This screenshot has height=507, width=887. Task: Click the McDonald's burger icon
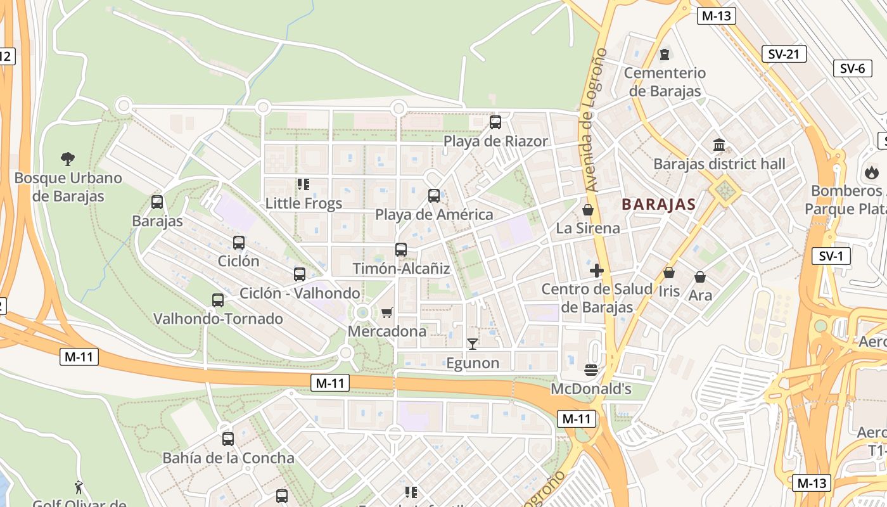coord(591,369)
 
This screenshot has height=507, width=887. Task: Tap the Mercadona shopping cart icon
coord(387,312)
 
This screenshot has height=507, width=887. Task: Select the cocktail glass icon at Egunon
coord(472,344)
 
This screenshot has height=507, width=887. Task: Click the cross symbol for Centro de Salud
coord(596,271)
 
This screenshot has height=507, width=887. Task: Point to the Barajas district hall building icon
coord(719,145)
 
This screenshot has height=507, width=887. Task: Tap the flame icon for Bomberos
coord(872,171)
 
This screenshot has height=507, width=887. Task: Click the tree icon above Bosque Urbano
coord(68,158)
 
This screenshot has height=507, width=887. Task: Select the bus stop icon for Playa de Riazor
coord(495,122)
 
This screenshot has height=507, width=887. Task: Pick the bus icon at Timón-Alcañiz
coord(401,250)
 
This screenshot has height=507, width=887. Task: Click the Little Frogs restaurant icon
coord(303,184)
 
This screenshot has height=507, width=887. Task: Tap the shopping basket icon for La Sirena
coord(588,209)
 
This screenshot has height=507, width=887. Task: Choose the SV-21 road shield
coord(784,54)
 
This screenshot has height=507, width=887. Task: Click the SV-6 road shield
coord(852,68)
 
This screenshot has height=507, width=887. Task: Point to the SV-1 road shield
coord(831,256)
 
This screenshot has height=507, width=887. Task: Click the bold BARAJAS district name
coord(658,204)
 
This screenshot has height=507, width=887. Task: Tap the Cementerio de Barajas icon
coord(665,55)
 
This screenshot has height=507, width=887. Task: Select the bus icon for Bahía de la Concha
coord(228,439)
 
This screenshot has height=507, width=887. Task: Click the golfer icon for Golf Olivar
coord(79,487)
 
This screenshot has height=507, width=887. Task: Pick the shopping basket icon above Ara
coord(700,277)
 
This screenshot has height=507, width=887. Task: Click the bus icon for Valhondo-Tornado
coord(218,300)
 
